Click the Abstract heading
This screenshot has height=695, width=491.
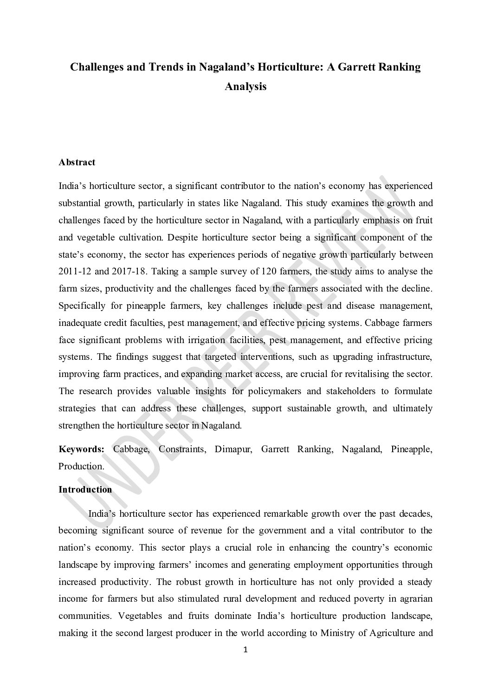(77, 162)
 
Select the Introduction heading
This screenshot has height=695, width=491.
(85, 490)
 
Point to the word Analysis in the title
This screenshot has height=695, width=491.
(245, 86)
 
